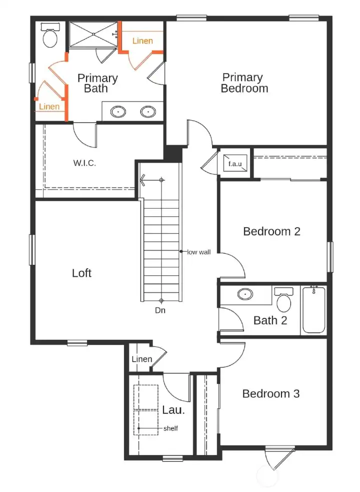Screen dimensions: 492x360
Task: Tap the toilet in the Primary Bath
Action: pos(50,36)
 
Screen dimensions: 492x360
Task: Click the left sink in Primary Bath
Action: pos(118,111)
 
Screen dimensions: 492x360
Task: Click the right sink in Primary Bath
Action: pos(147,111)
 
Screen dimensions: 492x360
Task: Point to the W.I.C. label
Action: pos(84,163)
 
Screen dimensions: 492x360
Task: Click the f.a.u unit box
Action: pos(234,164)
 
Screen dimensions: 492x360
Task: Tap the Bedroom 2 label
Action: pos(271,231)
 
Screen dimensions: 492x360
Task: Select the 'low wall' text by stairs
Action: pos(198,252)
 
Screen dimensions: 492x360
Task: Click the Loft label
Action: pos(82,273)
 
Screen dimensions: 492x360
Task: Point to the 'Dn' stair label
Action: pos(160,310)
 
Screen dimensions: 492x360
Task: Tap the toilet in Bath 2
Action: pos(284,300)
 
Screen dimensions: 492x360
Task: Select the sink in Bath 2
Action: pos(245,294)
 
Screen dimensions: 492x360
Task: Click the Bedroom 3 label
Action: pos(270,393)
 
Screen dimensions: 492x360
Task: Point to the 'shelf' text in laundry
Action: pos(170,428)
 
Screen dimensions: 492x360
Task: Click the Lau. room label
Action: pos(173,410)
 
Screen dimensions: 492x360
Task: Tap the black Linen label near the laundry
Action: pos(141,359)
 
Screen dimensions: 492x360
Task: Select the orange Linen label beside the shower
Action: pos(142,41)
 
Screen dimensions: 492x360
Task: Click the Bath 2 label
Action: pos(270,320)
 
